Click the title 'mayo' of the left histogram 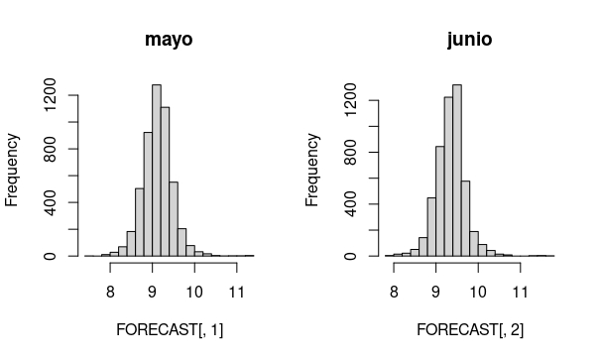tap(169, 41)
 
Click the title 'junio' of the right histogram tap(469, 41)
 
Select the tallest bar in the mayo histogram tap(157, 170)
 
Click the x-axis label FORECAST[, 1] tap(169, 329)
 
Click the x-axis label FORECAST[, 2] tap(469, 329)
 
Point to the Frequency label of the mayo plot tap(13, 170)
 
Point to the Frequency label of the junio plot tap(313, 170)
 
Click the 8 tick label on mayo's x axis tap(110, 292)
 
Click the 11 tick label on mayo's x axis tap(235, 292)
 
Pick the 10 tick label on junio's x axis tap(478, 292)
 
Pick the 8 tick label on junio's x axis tap(395, 292)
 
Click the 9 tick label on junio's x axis tap(436, 292)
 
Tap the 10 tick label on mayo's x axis tap(193, 292)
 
